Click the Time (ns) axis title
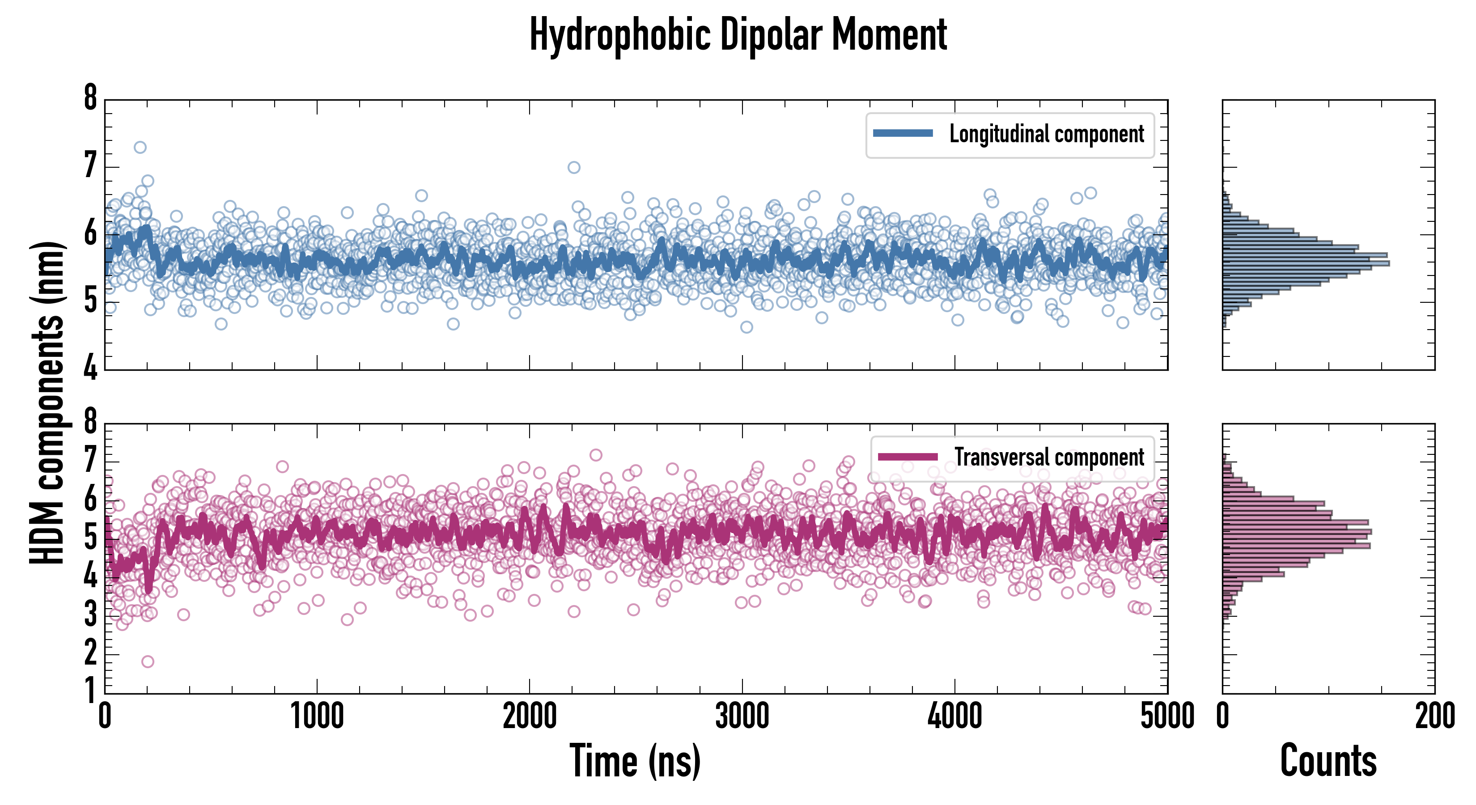click(x=635, y=761)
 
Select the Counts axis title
click(x=1328, y=761)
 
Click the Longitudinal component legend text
click(x=1046, y=134)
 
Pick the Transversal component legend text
click(x=1049, y=457)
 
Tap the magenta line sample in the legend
click(x=908, y=457)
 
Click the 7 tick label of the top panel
click(x=90, y=166)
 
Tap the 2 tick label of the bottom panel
click(x=90, y=654)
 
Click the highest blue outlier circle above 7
click(x=140, y=147)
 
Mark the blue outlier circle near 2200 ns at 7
click(x=573, y=167)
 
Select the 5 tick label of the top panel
click(x=90, y=301)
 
